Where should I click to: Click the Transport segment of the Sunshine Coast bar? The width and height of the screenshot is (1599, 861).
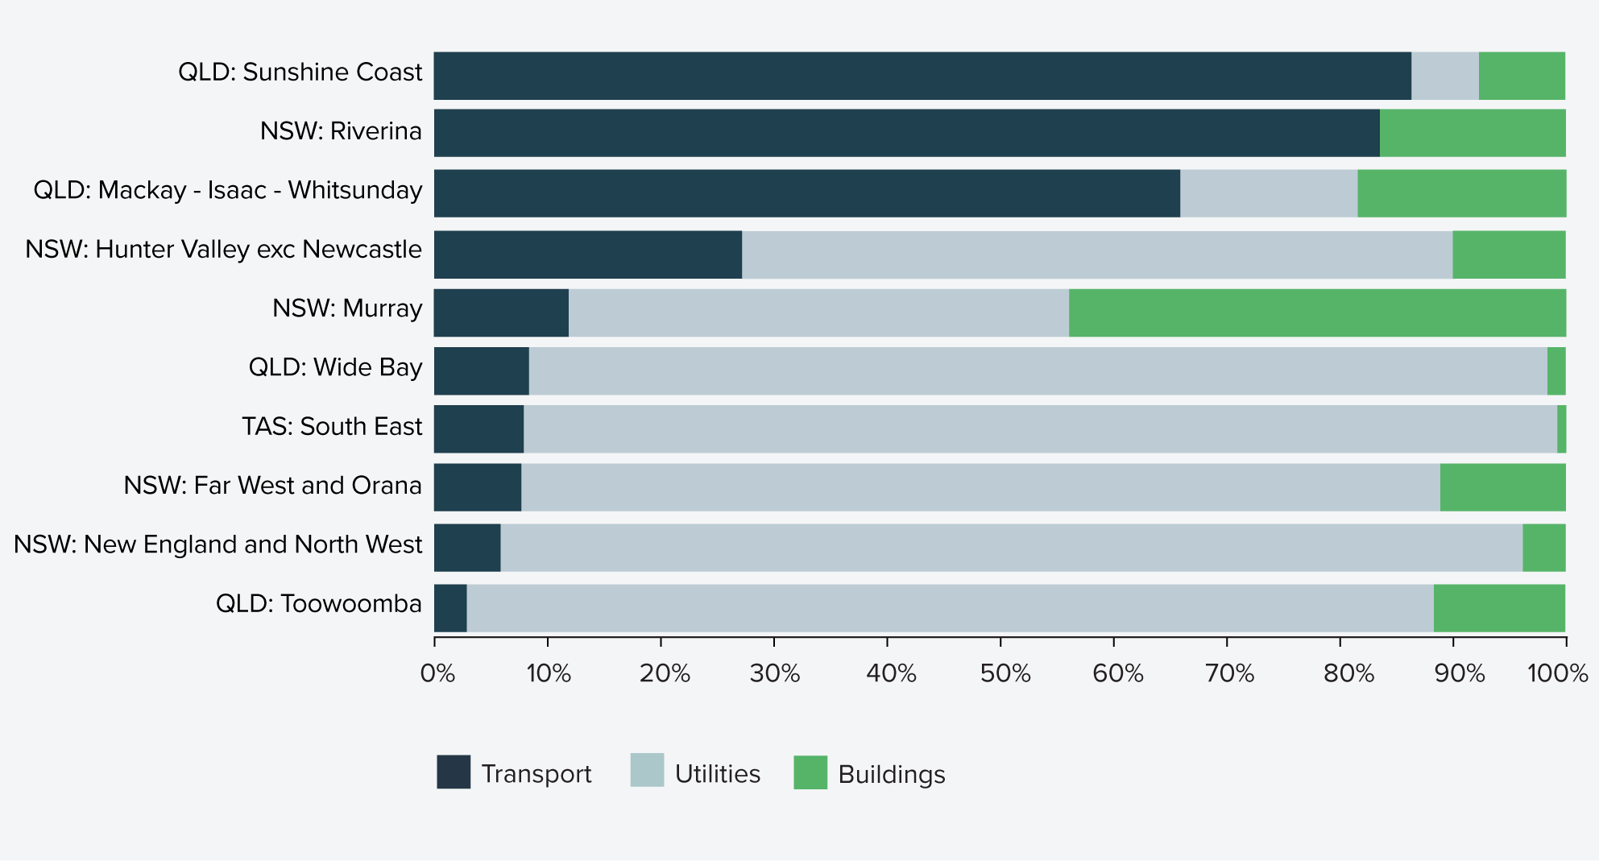[922, 76]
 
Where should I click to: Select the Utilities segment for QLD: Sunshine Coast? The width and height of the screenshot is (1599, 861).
[1444, 76]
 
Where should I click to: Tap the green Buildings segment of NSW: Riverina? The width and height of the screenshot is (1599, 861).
[1473, 133]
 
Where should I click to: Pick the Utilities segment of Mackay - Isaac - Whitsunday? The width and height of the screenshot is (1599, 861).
[1268, 193]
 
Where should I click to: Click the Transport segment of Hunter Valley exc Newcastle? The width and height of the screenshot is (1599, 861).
[587, 255]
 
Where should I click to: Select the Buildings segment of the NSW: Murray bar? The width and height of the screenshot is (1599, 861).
[1317, 313]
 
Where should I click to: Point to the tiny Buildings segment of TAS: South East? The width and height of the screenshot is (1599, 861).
[1561, 429]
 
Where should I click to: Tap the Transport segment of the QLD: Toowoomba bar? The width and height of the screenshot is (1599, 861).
[450, 608]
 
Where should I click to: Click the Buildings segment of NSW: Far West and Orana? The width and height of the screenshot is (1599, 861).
[1502, 487]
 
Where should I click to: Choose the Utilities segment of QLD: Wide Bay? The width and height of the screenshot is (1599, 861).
[1038, 371]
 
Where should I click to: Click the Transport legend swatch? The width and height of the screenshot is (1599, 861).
[454, 772]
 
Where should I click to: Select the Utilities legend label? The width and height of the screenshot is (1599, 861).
[717, 774]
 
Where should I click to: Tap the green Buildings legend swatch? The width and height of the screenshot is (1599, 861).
[810, 772]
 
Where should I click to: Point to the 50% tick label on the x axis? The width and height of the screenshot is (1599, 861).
[1005, 673]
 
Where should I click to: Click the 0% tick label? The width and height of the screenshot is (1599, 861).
[437, 673]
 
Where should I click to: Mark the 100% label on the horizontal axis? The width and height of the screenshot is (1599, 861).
[1557, 673]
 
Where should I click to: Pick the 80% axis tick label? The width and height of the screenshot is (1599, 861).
[1348, 673]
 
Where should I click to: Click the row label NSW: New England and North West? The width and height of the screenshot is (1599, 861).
[217, 544]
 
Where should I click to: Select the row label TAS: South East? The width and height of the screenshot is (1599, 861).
[331, 426]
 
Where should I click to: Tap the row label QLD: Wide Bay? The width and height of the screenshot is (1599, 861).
[335, 367]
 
